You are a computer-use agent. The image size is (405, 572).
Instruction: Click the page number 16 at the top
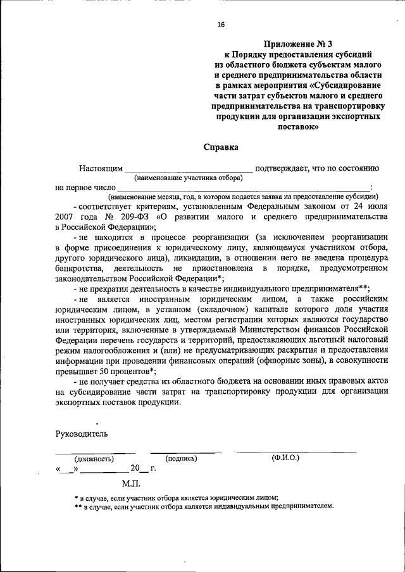(x=220, y=25)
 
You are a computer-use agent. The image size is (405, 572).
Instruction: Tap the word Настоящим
(x=99, y=168)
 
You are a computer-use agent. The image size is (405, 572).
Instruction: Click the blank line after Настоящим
(x=188, y=171)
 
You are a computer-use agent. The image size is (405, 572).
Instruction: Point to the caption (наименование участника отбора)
(x=188, y=178)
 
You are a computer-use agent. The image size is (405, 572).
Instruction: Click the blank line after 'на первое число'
(x=244, y=190)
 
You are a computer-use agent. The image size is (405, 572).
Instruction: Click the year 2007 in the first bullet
(x=66, y=216)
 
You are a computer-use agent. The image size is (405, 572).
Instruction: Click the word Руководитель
(x=82, y=434)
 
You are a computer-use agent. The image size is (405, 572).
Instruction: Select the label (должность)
(x=94, y=459)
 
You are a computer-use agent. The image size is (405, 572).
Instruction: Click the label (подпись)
(x=182, y=458)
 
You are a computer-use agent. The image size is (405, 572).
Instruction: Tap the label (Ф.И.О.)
(x=285, y=457)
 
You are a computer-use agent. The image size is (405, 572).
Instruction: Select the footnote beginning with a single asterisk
(x=177, y=497)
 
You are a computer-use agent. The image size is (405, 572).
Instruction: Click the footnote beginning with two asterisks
(x=204, y=506)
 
